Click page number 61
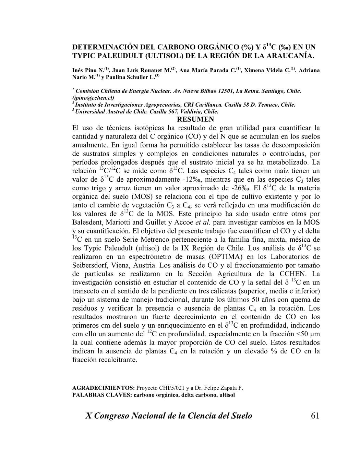(x=315, y=416)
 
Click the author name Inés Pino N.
(x=88, y=70)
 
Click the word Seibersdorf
(x=90, y=265)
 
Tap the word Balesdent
(x=88, y=222)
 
